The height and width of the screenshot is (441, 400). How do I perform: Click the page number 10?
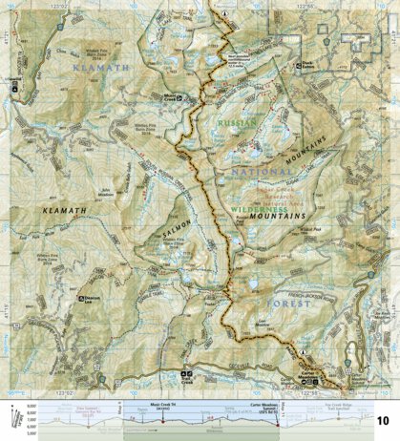coord(383,421)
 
